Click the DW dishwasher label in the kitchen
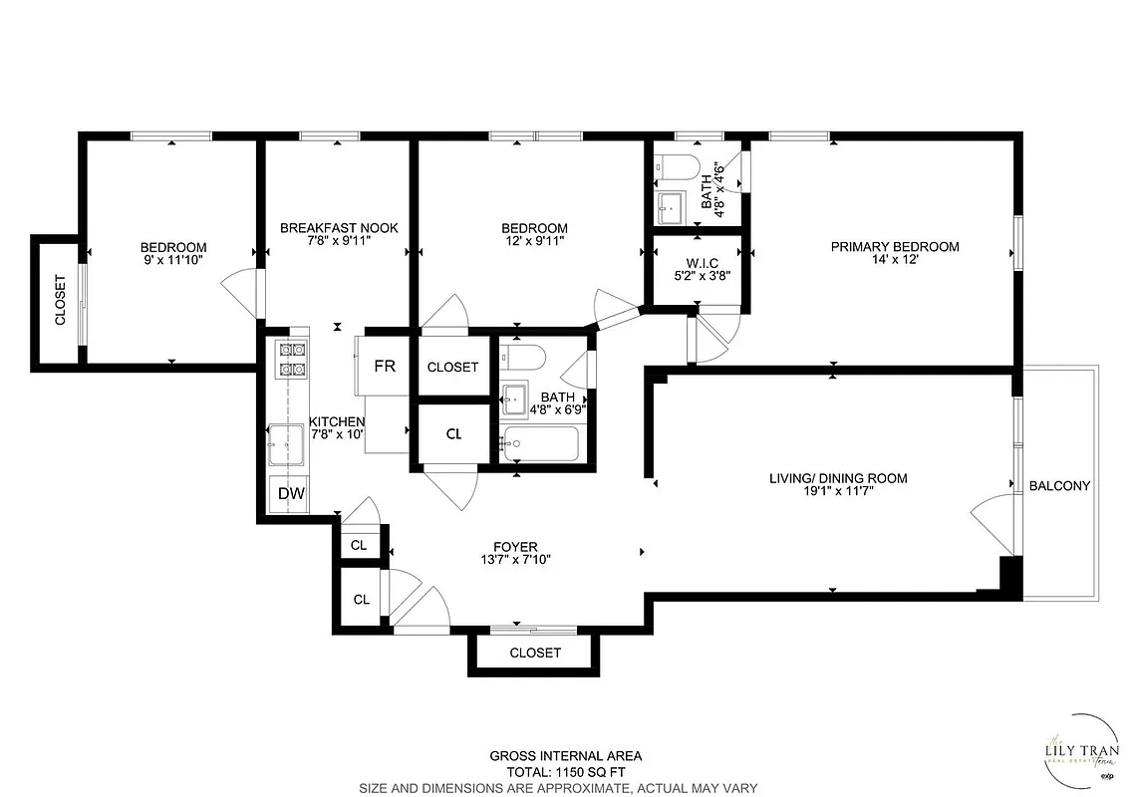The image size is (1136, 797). tap(291, 493)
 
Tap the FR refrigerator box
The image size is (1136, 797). tap(385, 367)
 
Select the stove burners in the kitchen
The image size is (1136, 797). tap(291, 359)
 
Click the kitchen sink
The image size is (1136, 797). tap(286, 444)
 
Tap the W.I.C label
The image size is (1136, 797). tap(697, 262)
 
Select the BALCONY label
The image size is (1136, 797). tap(1059, 486)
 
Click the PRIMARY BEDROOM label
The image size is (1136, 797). tap(895, 247)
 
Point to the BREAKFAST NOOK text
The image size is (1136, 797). tap(339, 228)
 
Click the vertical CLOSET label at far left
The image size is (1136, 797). tap(60, 300)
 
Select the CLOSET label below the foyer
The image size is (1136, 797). tap(535, 653)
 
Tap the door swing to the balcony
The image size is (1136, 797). tap(992, 518)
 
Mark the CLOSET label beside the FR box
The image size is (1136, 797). tap(452, 367)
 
